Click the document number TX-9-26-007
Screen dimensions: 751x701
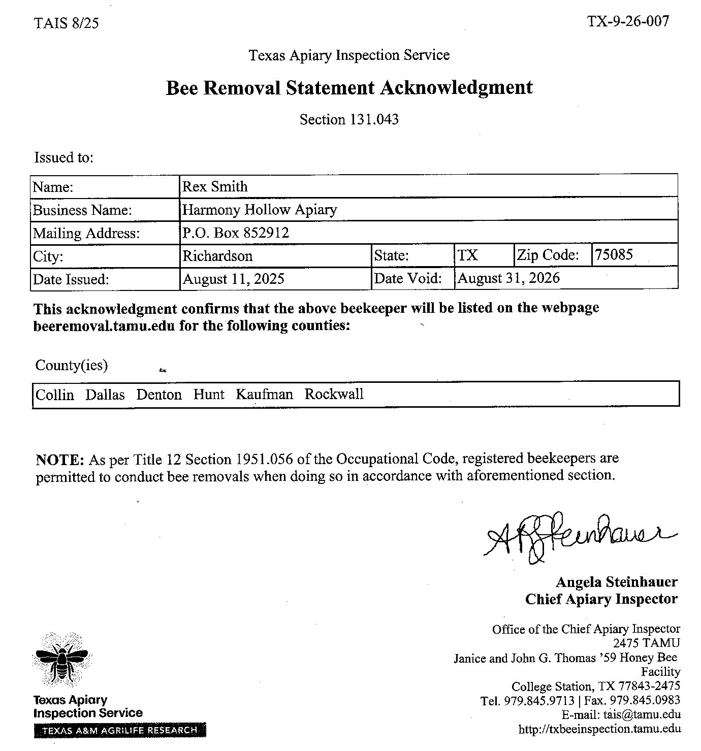(628, 21)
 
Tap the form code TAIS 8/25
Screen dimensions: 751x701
(66, 23)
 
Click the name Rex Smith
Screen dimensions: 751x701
(215, 187)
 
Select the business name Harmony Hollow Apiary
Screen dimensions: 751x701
(260, 210)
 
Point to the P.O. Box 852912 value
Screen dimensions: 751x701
(236, 233)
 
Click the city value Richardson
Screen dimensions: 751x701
(217, 255)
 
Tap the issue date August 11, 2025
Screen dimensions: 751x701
(233, 279)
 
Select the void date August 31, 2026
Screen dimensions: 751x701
(508, 278)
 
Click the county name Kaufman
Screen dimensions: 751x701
(264, 395)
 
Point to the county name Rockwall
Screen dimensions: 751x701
(334, 395)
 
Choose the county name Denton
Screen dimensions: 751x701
(158, 395)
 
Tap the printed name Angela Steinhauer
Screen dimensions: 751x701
(616, 582)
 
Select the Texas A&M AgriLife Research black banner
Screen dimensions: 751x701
(120, 730)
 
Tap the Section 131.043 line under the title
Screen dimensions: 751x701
(349, 120)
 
